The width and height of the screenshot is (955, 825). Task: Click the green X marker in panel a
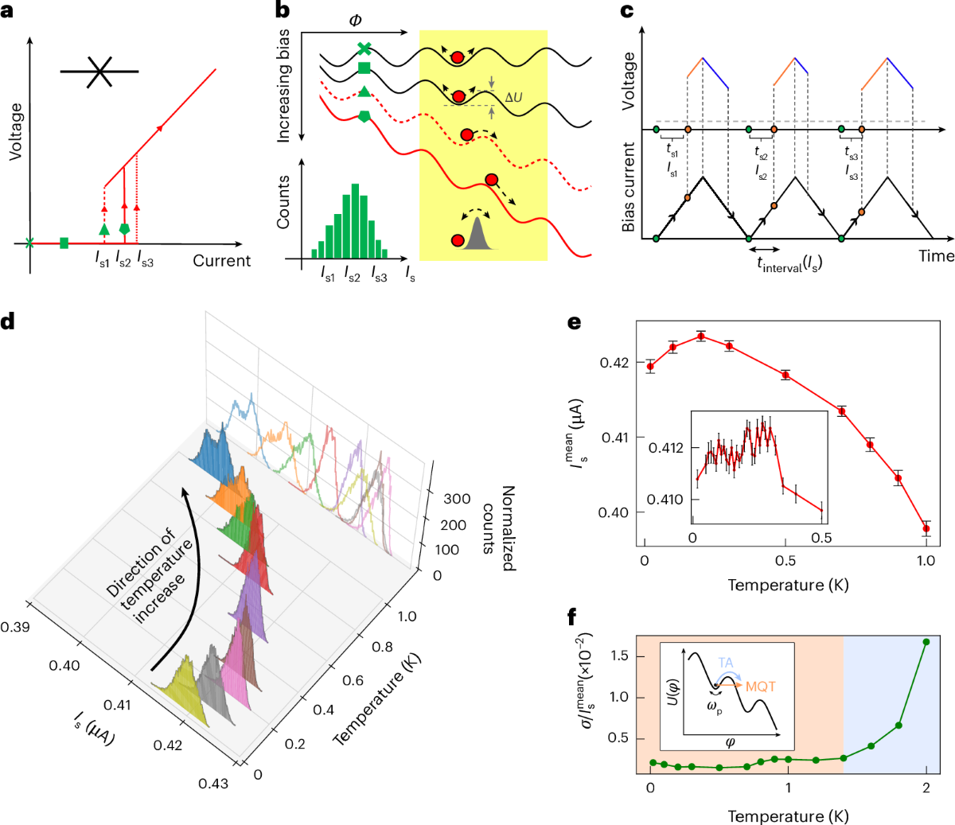[30, 243]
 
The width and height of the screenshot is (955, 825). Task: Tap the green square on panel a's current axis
[64, 243]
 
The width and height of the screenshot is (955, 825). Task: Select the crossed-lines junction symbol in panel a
[99, 72]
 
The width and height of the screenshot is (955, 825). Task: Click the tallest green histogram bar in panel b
[356, 222]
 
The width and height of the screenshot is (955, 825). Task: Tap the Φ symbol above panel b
[355, 20]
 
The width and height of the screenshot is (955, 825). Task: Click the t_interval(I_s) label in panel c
[789, 263]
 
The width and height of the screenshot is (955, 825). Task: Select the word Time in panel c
[936, 255]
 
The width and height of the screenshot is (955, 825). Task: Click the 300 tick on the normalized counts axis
[457, 499]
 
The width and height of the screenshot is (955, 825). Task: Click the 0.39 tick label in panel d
[15, 627]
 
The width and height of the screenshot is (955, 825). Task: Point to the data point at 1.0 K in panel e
[926, 528]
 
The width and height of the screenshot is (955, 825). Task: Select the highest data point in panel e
[700, 336]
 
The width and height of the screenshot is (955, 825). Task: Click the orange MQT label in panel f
[760, 687]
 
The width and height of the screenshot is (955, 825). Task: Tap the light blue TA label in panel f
[726, 663]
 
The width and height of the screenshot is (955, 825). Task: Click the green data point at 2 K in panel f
[926, 642]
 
